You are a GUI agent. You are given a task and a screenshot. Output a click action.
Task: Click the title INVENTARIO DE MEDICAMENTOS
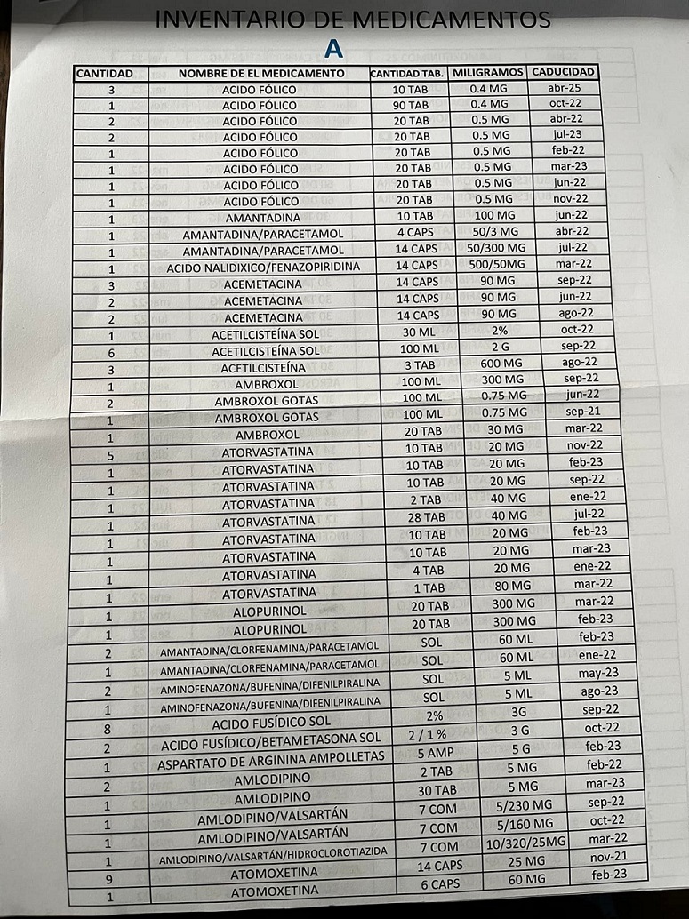point(352,20)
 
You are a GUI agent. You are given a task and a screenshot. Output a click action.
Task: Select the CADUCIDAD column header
point(563,72)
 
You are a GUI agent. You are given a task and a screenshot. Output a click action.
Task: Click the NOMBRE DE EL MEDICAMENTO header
point(260,73)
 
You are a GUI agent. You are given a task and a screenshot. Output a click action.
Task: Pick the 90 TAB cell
point(412,105)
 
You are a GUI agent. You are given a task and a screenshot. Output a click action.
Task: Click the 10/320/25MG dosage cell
point(525,841)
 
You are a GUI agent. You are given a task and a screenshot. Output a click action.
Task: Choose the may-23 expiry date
point(597,673)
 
